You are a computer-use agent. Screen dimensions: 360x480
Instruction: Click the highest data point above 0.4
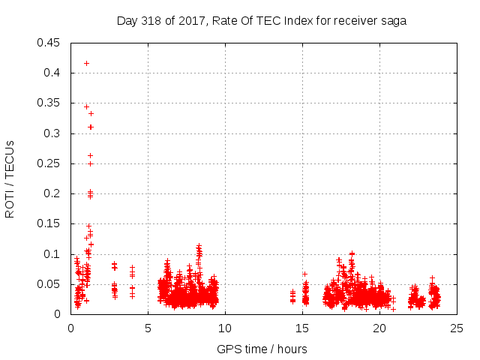[x=86, y=63]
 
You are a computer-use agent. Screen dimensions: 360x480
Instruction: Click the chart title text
[x=261, y=21]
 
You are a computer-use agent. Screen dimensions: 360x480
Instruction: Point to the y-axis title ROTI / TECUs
[x=10, y=178]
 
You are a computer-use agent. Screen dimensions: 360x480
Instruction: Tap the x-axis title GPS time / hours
[x=262, y=349]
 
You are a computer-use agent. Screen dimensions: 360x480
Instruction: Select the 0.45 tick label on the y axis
[x=49, y=43]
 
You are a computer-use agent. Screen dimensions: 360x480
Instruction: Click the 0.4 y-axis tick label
[x=52, y=73]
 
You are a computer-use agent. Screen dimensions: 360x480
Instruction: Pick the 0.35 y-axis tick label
[x=49, y=103]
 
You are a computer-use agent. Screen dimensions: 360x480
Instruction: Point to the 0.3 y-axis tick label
[x=52, y=133]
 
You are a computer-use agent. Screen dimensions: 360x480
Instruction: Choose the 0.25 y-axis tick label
[x=49, y=163]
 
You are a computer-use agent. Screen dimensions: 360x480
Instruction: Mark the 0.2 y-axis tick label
[x=52, y=193]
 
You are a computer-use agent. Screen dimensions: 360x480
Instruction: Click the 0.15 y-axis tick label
[x=49, y=224]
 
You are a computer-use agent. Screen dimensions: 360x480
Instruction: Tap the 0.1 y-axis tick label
[x=52, y=254]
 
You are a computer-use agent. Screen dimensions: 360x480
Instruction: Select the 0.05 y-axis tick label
[x=49, y=284]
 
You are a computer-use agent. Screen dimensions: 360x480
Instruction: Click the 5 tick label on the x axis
[x=148, y=328]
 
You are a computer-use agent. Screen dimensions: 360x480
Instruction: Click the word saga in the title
[x=394, y=21]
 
